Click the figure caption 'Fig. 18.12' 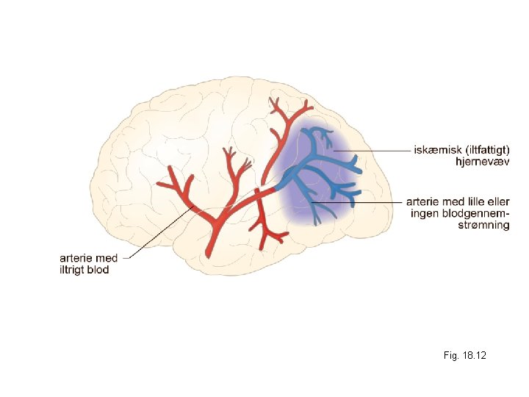[x=464, y=356]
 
